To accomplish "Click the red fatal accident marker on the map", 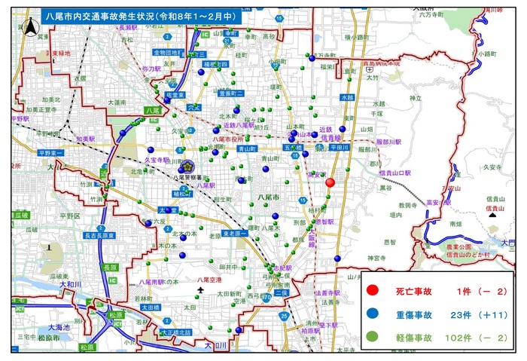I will [x=330, y=182].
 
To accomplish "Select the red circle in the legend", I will [x=372, y=290].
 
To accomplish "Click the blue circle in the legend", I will [x=372, y=313].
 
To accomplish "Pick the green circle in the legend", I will [x=372, y=335].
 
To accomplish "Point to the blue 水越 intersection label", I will [x=346, y=97].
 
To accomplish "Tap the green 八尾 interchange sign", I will [x=152, y=111].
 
